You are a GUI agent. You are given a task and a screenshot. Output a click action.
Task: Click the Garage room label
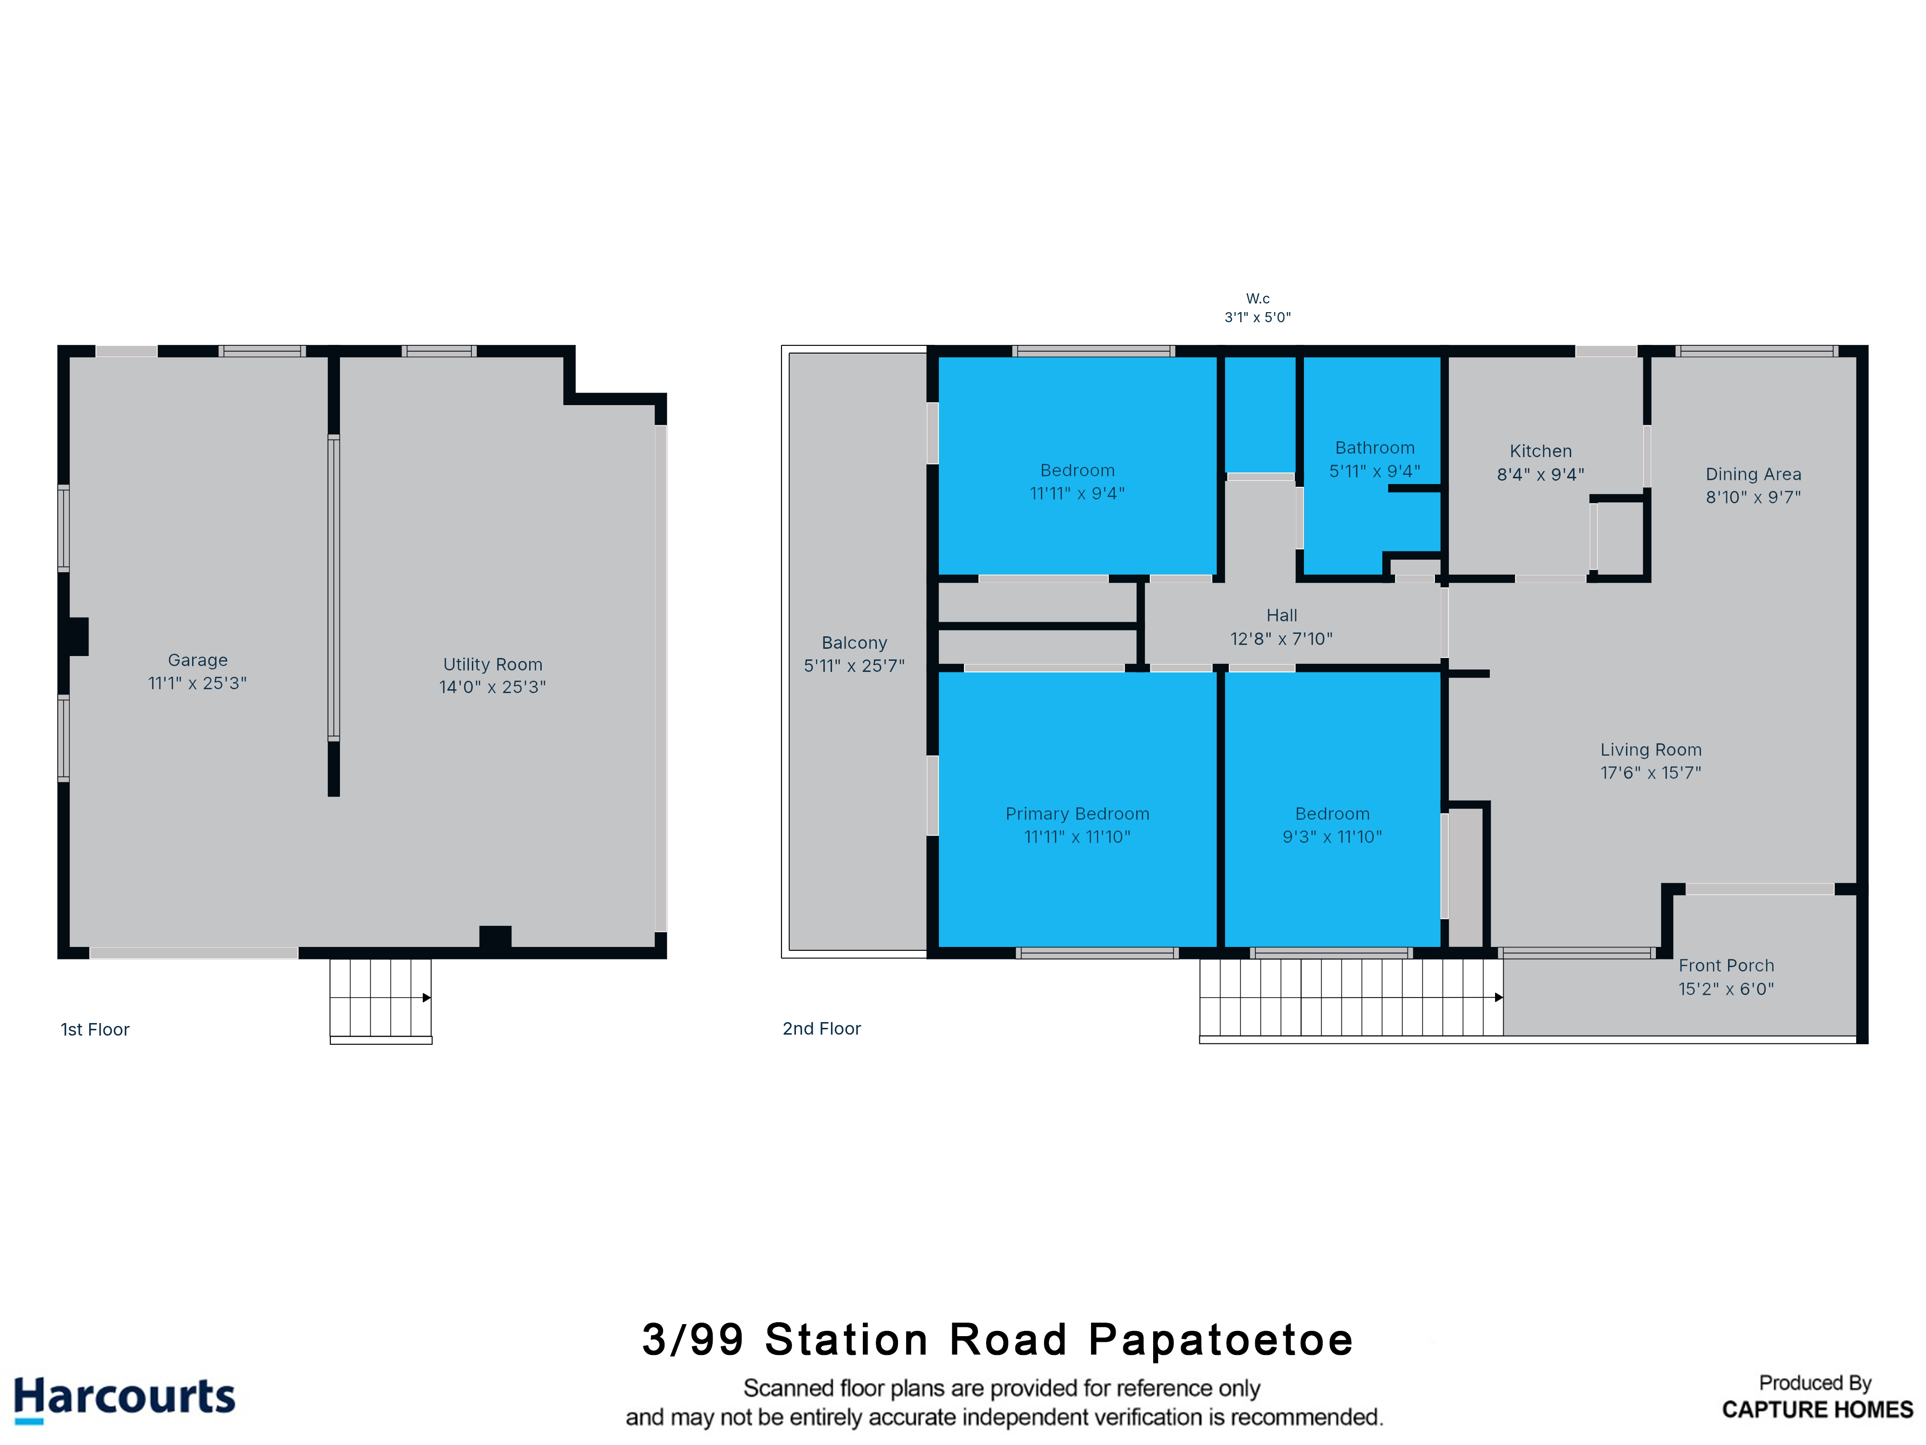click(x=197, y=660)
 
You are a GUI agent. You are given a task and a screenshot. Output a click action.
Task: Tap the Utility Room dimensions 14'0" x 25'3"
click(x=493, y=687)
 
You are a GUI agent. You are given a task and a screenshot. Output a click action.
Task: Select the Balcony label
click(x=854, y=643)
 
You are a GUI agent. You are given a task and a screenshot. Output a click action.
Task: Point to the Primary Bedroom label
click(x=1077, y=814)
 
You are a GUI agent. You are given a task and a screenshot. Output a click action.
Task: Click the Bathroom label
click(x=1375, y=447)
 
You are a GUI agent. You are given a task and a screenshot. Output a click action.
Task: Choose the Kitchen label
click(x=1540, y=451)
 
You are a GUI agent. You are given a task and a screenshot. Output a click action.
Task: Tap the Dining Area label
click(x=1753, y=474)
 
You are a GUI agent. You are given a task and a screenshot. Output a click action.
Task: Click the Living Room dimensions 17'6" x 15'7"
click(x=1651, y=773)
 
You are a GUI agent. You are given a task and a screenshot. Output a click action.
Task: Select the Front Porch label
click(x=1726, y=965)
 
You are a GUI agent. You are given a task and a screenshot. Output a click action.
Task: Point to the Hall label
click(x=1282, y=615)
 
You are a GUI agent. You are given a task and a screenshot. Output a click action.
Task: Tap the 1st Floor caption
click(x=95, y=1029)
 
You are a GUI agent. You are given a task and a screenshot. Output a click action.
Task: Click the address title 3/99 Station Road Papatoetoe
click(x=998, y=1340)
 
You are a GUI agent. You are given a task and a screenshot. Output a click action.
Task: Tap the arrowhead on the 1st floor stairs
click(x=427, y=998)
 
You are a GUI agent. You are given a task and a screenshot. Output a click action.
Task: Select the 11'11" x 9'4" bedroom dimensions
click(x=1077, y=494)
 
